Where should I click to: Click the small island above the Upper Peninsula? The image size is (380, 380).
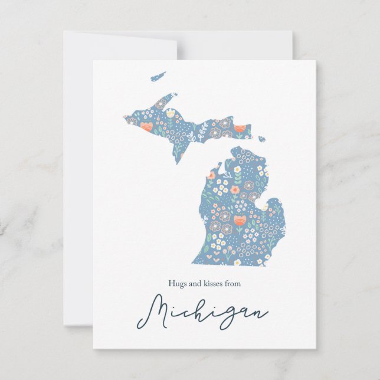tap(158, 77)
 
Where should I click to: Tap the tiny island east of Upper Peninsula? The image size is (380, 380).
tap(261, 139)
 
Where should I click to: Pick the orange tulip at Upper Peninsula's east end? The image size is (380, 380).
tap(239, 129)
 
